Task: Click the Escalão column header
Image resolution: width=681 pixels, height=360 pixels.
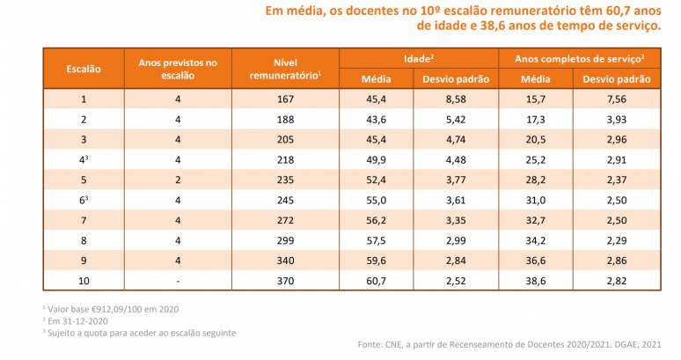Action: [x=84, y=68]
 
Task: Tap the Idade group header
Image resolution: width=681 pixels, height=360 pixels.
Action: [x=420, y=57]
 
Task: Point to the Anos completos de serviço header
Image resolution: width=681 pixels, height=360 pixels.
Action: [x=580, y=57]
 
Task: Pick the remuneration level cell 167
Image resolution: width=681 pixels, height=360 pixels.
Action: [x=278, y=99]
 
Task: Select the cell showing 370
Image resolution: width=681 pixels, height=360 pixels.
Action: [x=278, y=280]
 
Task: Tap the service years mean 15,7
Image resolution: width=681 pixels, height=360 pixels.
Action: [x=536, y=99]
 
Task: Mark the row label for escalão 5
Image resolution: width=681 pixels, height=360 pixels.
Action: [x=84, y=180]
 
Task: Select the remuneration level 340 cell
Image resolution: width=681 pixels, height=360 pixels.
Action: [x=278, y=261]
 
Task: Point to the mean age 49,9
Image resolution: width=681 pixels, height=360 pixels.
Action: [x=377, y=159]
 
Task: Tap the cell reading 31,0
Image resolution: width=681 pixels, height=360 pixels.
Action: [x=536, y=200]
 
